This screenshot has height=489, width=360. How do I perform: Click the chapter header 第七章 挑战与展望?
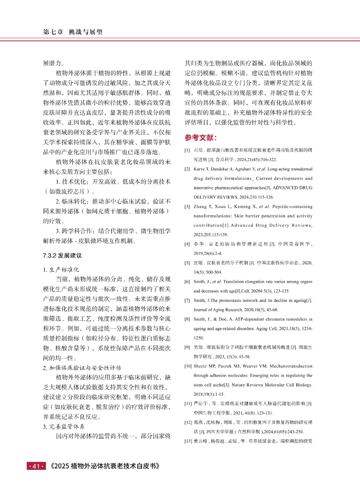[73, 32]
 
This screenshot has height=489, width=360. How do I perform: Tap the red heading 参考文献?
[201, 138]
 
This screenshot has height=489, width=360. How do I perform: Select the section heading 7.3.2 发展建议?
[62, 256]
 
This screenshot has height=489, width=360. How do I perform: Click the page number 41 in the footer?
[36, 466]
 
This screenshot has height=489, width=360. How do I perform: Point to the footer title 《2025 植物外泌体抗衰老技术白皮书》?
[104, 466]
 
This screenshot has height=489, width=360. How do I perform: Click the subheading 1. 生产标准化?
[61, 270]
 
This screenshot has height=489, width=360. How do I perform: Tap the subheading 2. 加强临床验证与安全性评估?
[82, 368]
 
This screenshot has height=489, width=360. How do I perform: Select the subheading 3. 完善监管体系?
[64, 427]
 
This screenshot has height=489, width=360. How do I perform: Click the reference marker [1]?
[187, 150]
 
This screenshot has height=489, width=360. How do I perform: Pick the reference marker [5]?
[187, 263]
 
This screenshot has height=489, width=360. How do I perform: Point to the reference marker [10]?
[188, 366]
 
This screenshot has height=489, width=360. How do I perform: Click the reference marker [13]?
[188, 441]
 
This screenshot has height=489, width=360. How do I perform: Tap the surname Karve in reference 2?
[199, 169]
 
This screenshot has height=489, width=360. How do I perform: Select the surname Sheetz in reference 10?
[200, 366]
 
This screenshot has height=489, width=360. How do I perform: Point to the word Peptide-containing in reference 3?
[292, 207]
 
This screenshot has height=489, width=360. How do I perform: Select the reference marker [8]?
[187, 319]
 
